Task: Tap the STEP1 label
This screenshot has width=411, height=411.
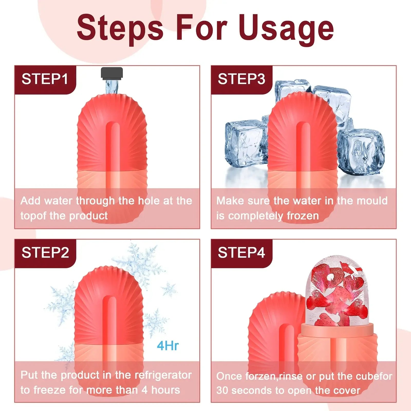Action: pos(45,79)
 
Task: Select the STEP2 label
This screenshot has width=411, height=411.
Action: pos(45,253)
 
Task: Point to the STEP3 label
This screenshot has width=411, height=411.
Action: pos(241,79)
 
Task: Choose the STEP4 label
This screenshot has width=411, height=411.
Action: pos(241,253)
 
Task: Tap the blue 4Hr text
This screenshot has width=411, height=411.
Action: pos(167,346)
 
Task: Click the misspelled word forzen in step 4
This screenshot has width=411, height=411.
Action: pos(261,376)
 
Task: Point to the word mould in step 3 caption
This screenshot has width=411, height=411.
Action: pos(375,201)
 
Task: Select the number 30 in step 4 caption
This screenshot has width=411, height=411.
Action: pos(222,391)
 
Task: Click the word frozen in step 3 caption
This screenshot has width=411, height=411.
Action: pos(303,216)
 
